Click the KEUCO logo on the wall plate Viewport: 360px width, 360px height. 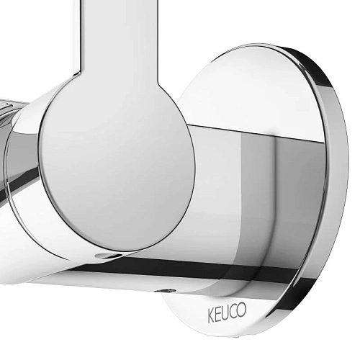[227, 312]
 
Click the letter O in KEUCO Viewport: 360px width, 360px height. [242, 309]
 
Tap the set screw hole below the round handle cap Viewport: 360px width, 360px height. [105, 256]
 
